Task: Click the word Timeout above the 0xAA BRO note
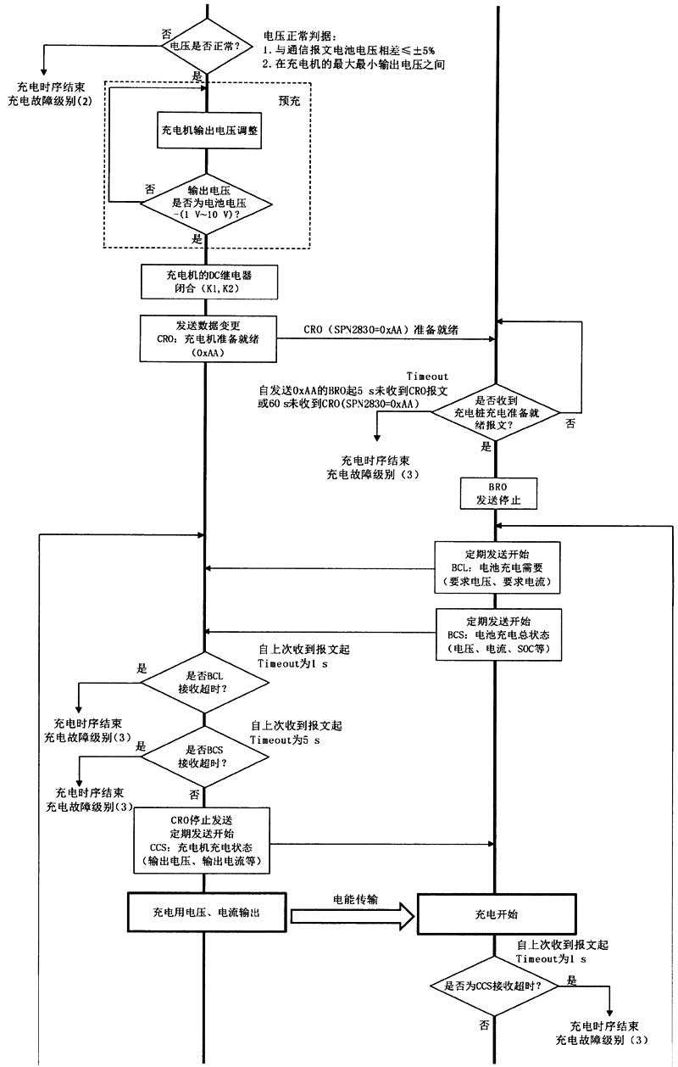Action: pyautogui.click(x=427, y=376)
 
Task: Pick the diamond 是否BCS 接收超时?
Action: pyautogui.click(x=203, y=757)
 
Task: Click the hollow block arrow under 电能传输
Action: pyautogui.click(x=353, y=915)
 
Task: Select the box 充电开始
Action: pyautogui.click(x=497, y=915)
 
